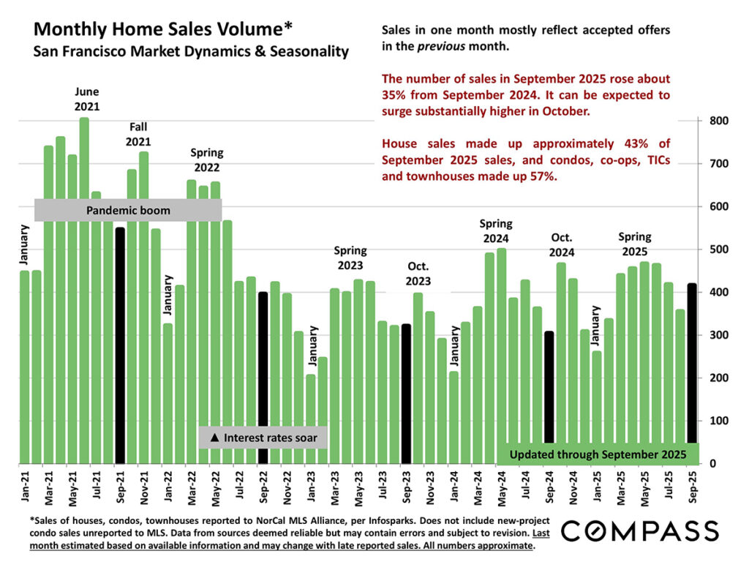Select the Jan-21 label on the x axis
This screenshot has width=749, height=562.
[x=25, y=488]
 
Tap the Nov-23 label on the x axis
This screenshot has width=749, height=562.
[x=430, y=488]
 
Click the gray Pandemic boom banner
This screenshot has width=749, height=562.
[x=128, y=211]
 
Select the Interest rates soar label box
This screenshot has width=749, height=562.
[x=263, y=438]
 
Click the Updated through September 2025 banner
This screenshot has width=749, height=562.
[x=598, y=454]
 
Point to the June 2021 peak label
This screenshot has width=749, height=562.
[x=86, y=99]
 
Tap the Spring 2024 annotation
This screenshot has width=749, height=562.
[x=496, y=231]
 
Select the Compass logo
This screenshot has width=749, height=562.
[x=639, y=530]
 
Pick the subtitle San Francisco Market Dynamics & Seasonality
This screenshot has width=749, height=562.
[x=191, y=52]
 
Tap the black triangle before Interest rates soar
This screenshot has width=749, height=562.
[x=214, y=438]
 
